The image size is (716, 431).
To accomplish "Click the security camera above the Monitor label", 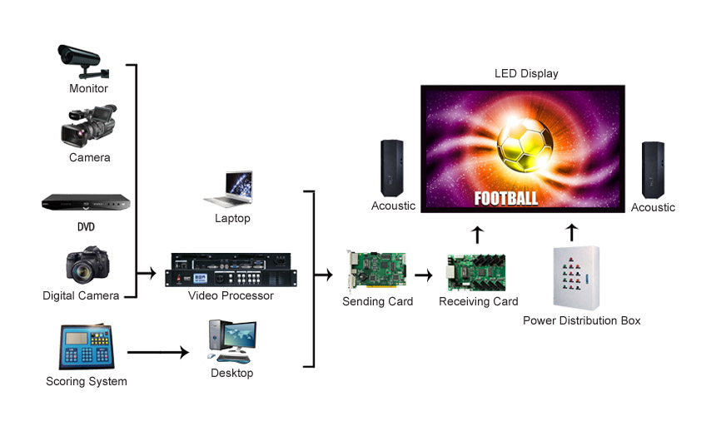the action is [83, 62].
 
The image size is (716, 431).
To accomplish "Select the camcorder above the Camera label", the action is [88, 126].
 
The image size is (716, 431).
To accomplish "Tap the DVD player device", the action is [86, 202].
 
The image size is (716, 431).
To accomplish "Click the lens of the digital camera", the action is [82, 272].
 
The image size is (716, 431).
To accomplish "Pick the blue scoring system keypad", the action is [87, 347].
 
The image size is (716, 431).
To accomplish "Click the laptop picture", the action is [229, 189].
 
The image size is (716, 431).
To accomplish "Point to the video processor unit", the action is [231, 270].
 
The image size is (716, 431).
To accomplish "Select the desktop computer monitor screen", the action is [240, 335].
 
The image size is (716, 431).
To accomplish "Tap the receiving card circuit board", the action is [476, 273].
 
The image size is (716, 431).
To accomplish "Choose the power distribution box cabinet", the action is [576, 278].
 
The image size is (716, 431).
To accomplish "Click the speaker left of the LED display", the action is [392, 168].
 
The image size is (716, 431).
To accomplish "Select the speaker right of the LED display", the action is [653, 170].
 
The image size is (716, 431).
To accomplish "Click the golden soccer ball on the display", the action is [525, 145].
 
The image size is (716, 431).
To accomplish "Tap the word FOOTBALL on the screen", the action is [506, 199].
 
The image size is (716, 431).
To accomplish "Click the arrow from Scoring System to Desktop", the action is [158, 352].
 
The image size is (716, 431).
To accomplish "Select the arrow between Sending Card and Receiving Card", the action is [424, 275].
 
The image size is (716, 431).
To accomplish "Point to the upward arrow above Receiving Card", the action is [477, 235].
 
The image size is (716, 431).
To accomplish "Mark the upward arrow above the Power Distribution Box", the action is [572, 232].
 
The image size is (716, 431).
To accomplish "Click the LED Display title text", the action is [526, 73].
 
